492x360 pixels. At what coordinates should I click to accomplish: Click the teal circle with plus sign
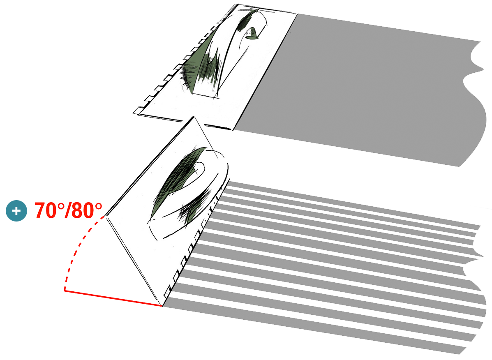[x=16, y=210]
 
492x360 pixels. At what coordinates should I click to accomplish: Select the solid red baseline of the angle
[x=113, y=298]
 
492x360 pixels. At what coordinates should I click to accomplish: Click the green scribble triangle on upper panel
[x=201, y=63]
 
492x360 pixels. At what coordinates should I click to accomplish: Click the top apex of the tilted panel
[x=194, y=117]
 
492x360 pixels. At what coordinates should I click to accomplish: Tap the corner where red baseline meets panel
[x=162, y=306]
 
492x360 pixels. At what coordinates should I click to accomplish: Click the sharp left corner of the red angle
[x=65, y=290]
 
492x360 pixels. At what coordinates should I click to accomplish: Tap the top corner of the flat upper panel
[x=238, y=5]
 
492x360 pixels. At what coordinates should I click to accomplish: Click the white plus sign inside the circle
[x=16, y=210]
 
